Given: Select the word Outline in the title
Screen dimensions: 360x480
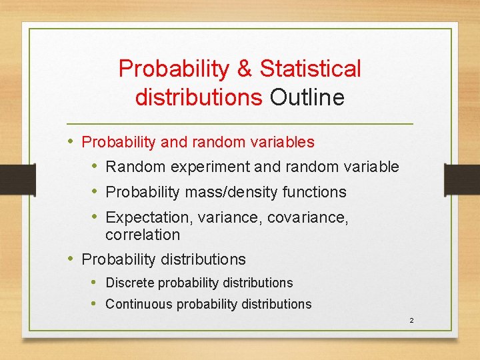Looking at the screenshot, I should tap(307, 97).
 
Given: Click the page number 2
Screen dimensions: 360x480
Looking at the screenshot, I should tap(411, 321).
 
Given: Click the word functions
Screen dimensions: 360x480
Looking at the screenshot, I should tap(314, 192).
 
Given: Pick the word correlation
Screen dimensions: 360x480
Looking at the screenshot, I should tap(143, 235).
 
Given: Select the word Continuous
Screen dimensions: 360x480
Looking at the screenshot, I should tap(137, 304).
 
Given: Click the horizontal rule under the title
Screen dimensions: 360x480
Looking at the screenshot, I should tap(240, 125).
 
